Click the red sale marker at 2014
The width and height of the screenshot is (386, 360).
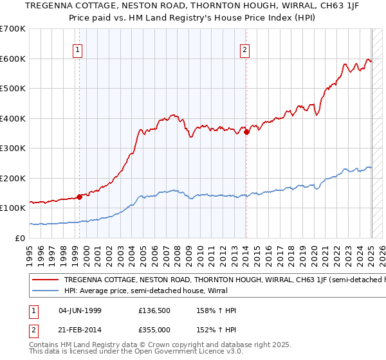246,132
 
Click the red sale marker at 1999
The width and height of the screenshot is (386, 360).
79,197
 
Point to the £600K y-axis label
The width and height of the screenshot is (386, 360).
13,59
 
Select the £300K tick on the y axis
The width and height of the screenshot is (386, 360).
13,148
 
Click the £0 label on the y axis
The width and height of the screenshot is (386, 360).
20,238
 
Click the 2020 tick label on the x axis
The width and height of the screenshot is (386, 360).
315,252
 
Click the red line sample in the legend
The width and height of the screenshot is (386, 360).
45,280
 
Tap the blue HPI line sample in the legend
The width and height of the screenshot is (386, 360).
45,291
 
